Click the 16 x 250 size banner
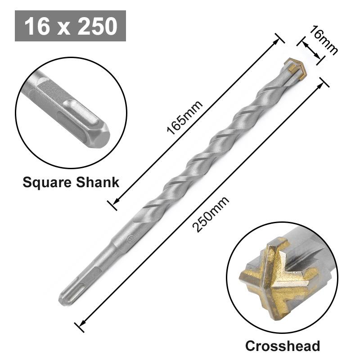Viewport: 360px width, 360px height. pos(70,26)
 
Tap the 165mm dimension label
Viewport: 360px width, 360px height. pos(184,117)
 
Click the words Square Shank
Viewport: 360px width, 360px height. pos(71,182)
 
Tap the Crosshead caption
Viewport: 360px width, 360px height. pos(282,346)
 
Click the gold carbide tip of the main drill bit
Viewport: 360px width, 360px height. pos(297,68)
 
